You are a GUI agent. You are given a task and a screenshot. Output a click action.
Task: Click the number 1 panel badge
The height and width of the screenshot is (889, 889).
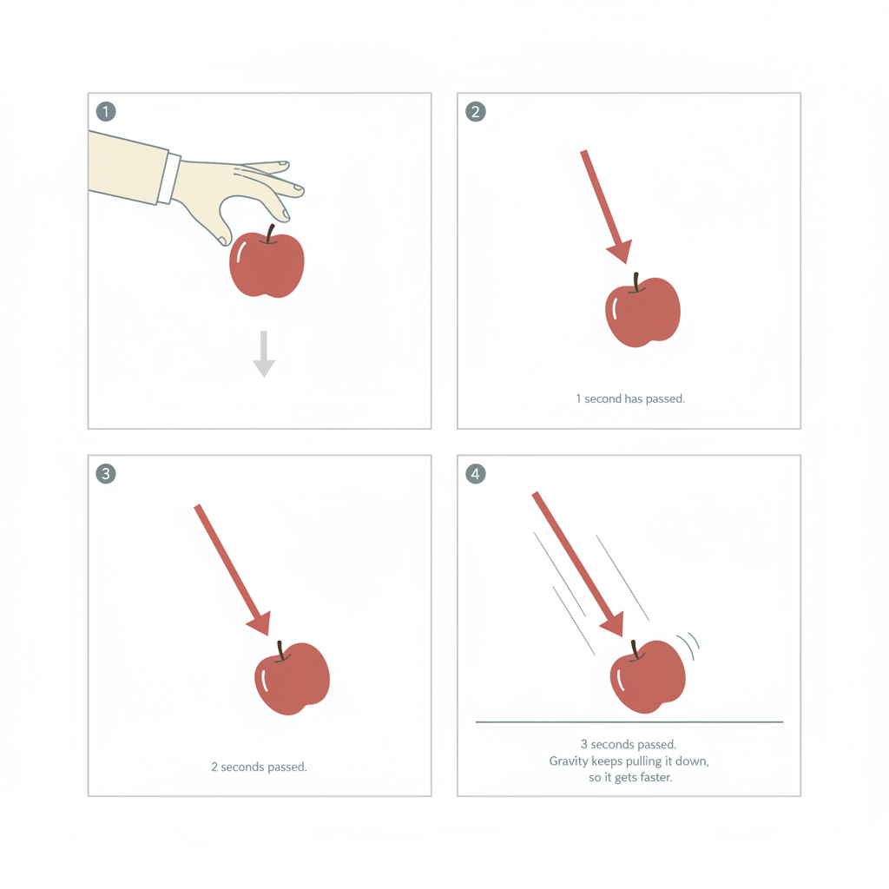[106, 112]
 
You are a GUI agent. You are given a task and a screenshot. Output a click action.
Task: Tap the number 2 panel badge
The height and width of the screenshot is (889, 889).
[476, 112]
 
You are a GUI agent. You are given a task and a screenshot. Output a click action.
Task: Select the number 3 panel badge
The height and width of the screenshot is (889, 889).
[106, 473]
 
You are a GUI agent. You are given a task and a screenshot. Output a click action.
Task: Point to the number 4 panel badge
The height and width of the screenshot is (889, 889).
[476, 473]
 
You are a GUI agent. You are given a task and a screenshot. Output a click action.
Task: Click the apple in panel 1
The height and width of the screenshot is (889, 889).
[267, 262]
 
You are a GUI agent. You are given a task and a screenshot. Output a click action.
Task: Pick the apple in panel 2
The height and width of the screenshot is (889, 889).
[642, 311]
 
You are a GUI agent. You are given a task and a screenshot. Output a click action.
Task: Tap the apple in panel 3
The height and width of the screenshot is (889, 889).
[292, 678]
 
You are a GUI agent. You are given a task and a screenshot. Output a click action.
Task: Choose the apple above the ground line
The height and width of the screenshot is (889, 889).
[648, 676]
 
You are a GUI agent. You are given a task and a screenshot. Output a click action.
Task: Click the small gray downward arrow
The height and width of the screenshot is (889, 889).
[264, 354]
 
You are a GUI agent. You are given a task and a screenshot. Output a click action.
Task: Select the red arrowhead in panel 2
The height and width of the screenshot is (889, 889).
[621, 251]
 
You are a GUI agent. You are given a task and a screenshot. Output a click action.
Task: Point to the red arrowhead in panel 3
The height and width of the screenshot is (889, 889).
[260, 623]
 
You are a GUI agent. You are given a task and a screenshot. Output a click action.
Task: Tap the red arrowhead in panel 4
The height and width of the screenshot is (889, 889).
[613, 624]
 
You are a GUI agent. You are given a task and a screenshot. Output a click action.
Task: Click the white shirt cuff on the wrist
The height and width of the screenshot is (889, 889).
[169, 178]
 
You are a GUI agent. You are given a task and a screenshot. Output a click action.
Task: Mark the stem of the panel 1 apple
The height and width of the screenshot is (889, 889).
[270, 234]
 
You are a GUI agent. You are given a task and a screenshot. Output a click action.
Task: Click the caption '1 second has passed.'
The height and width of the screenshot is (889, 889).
[630, 398]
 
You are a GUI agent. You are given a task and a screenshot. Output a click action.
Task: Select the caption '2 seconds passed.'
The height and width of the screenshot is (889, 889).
[259, 767]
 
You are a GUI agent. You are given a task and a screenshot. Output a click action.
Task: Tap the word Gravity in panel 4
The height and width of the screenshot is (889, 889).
[569, 761]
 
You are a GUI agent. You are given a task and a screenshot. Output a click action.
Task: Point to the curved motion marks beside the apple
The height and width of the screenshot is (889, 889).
[688, 645]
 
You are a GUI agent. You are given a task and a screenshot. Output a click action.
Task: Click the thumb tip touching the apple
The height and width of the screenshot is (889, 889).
[223, 240]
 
